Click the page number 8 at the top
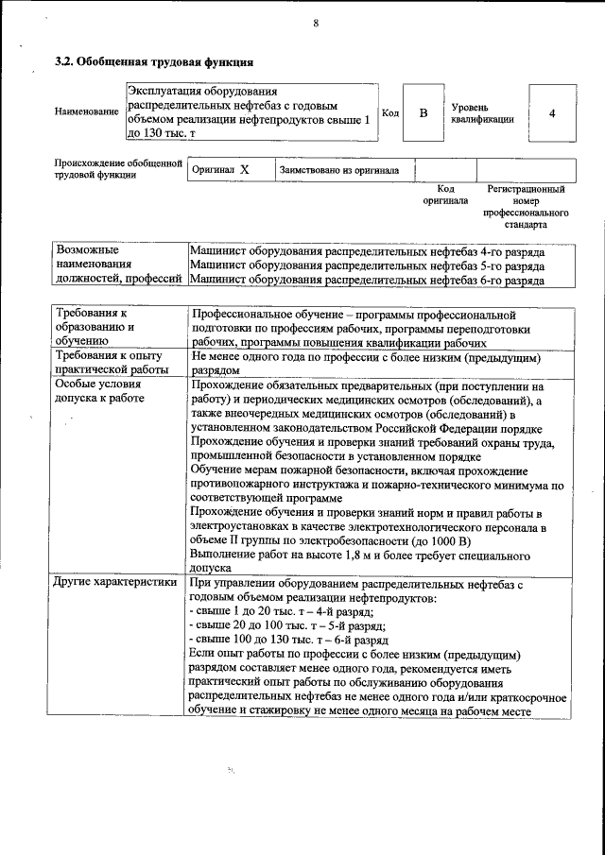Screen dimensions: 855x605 tap(316, 24)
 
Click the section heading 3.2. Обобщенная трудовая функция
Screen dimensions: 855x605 tap(154, 63)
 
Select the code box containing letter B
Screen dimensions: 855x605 tap(423, 113)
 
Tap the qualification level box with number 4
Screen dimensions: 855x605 tap(551, 113)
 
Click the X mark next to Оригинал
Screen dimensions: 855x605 tap(244, 170)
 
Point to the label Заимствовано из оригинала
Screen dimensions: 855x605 tap(338, 170)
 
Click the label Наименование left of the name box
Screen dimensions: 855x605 tap(87, 112)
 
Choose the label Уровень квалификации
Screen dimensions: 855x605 tap(482, 113)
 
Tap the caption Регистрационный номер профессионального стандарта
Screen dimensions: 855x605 tap(526, 208)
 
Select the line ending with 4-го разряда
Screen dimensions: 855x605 tap(367, 252)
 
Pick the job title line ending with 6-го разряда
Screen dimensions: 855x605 tap(367, 281)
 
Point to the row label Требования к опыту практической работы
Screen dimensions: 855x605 tap(109, 362)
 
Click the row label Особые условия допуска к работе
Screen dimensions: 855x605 tap(99, 391)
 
